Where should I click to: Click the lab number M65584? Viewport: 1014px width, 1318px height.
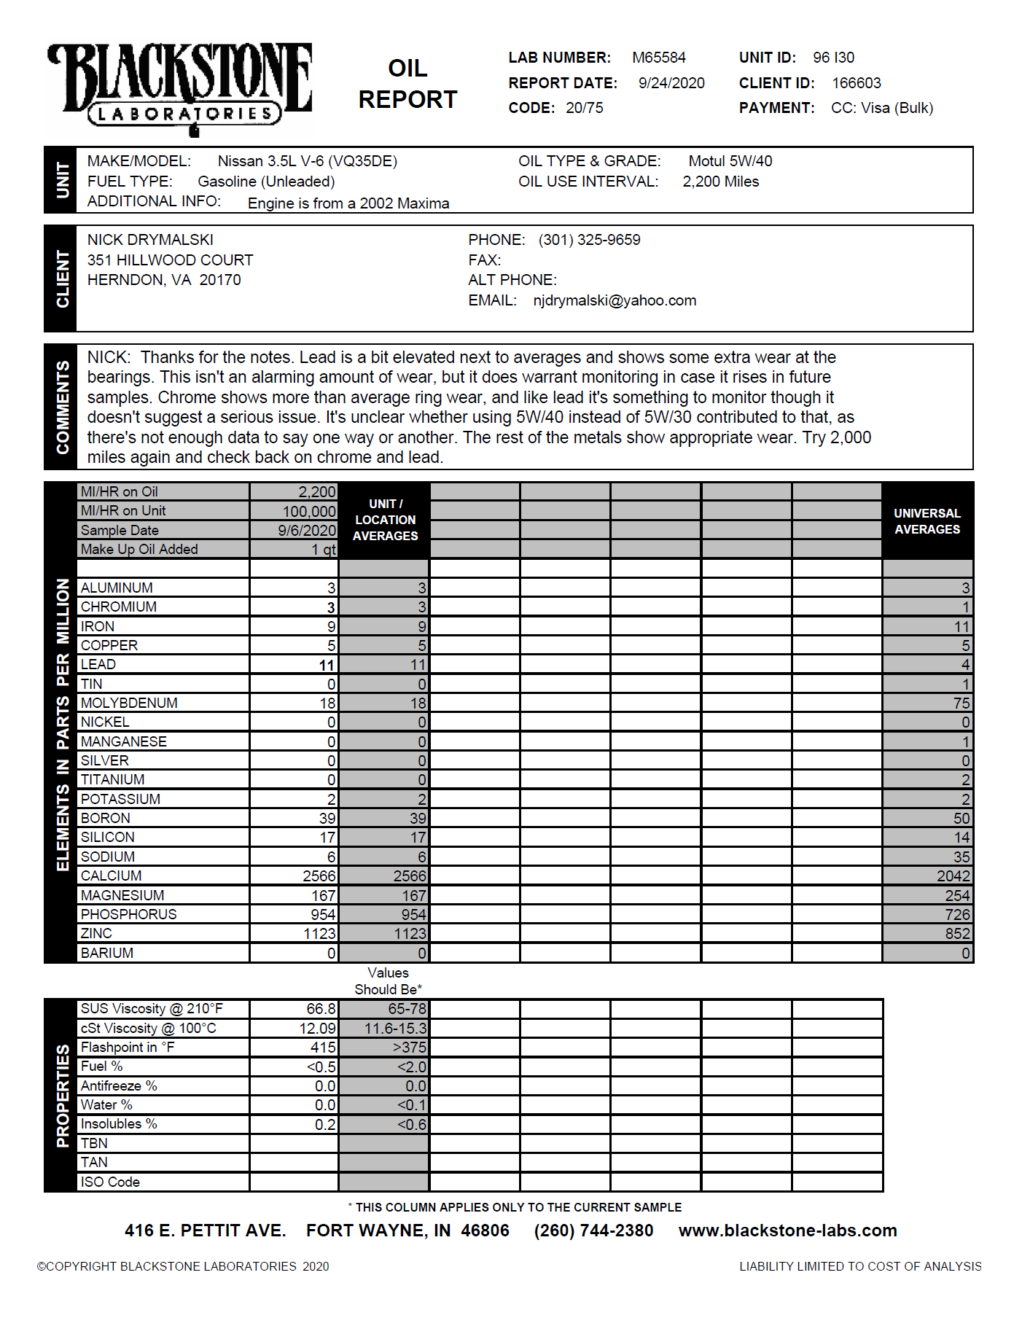tap(658, 58)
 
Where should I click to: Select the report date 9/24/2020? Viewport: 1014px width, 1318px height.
tap(671, 83)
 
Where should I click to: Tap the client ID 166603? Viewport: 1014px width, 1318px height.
tap(856, 83)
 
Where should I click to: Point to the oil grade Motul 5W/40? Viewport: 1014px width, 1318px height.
tap(730, 161)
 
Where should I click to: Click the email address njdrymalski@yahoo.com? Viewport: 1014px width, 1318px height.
tap(614, 300)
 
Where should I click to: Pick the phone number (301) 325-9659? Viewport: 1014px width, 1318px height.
tap(589, 240)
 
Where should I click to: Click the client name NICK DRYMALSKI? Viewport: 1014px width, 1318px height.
tap(150, 240)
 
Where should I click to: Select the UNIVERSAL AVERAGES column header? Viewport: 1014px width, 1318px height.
tap(927, 521)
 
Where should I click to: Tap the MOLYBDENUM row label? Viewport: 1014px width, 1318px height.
tap(129, 703)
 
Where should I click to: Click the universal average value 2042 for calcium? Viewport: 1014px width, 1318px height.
tap(953, 876)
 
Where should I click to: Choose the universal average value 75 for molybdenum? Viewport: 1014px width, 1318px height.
tap(961, 703)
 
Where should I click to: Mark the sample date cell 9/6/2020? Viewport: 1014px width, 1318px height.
tap(306, 531)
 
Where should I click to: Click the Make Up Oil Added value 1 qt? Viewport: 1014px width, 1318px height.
tap(324, 550)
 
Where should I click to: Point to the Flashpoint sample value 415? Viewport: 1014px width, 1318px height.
tap(323, 1048)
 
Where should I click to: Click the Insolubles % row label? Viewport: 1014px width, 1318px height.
tap(119, 1124)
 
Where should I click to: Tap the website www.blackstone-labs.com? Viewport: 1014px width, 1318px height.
tap(787, 1231)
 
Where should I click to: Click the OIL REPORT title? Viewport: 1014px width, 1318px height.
tap(407, 84)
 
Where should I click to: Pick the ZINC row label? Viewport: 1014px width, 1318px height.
tap(96, 933)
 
